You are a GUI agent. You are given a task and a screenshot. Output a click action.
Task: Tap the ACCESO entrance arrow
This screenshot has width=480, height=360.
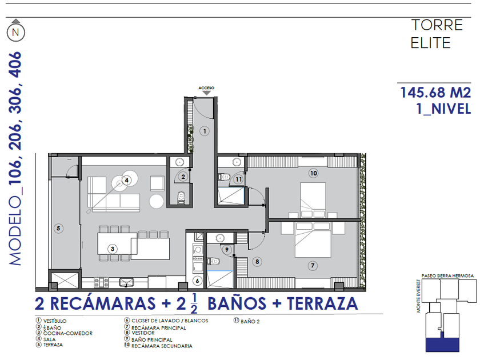pyautogui.click(x=207, y=93)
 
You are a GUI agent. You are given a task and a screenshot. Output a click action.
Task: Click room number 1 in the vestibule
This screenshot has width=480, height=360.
pyautogui.click(x=205, y=131)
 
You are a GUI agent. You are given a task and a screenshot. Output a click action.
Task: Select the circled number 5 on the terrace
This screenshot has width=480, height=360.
pyautogui.click(x=58, y=228)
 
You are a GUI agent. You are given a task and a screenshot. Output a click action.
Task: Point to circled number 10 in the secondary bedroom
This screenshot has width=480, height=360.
pyautogui.click(x=314, y=173)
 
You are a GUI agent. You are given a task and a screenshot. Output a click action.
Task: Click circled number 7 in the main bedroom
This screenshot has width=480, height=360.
pyautogui.click(x=313, y=265)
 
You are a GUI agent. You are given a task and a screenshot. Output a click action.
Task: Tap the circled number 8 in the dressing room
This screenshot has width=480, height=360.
pyautogui.click(x=257, y=262)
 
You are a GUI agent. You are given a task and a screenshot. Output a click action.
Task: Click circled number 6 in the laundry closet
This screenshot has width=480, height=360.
pyautogui.click(x=198, y=281)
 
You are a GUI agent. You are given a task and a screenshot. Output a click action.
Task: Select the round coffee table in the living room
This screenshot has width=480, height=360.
pyautogui.click(x=157, y=202)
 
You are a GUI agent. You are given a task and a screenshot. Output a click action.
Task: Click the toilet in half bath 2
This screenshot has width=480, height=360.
pyautogui.click(x=182, y=198)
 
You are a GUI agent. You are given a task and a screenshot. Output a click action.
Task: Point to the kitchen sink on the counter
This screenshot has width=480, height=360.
pyautogui.click(x=126, y=282)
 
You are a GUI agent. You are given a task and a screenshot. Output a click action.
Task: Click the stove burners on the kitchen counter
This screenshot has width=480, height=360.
pyautogui.click(x=101, y=282)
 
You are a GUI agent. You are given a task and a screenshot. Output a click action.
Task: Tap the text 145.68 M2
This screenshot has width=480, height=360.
pyautogui.click(x=435, y=93)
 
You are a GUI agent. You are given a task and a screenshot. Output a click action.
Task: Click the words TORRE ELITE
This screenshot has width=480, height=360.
pyautogui.click(x=437, y=34)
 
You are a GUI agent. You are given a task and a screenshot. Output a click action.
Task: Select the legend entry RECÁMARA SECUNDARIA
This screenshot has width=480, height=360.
pyautogui.click(x=162, y=346)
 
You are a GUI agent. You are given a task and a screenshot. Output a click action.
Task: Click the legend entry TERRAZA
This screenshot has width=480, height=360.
pyautogui.click(x=53, y=345)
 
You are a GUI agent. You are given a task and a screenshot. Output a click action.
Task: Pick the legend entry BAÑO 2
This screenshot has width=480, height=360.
pyautogui.click(x=250, y=321)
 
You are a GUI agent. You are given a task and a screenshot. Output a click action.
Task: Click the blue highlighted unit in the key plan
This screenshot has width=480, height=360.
pyautogui.click(x=442, y=345)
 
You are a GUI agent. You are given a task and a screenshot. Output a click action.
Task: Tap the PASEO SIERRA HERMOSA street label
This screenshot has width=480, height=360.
pyautogui.click(x=447, y=276)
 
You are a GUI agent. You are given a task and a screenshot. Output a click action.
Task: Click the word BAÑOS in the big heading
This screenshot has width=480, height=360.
pyautogui.click(x=237, y=303)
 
